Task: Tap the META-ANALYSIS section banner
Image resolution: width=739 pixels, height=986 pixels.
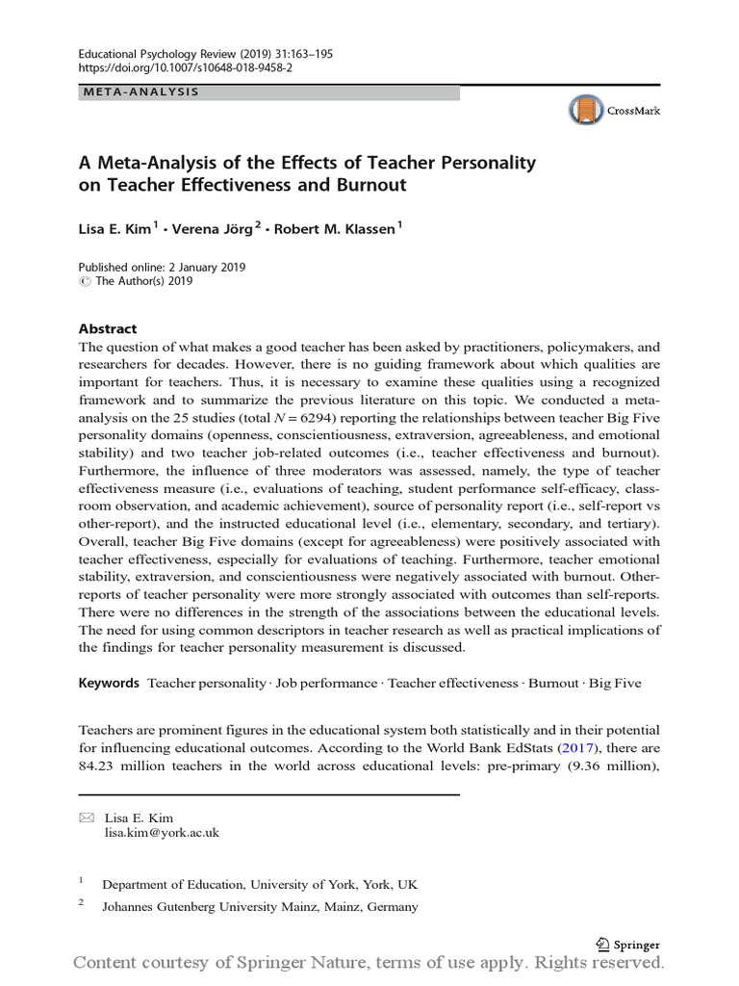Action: [140, 92]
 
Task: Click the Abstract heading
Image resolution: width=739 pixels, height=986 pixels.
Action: [108, 328]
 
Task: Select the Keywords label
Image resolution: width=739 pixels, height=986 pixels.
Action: [109, 683]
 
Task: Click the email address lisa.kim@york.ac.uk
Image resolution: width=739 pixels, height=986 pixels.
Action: [162, 833]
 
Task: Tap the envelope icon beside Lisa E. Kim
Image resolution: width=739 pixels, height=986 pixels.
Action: [88, 818]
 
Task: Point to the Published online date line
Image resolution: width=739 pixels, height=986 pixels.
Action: [162, 267]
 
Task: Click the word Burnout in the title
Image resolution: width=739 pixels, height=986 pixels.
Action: [369, 185]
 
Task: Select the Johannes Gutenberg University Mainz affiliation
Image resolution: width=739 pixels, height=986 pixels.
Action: [260, 907]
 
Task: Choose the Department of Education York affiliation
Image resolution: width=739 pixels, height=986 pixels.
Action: [260, 884]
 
